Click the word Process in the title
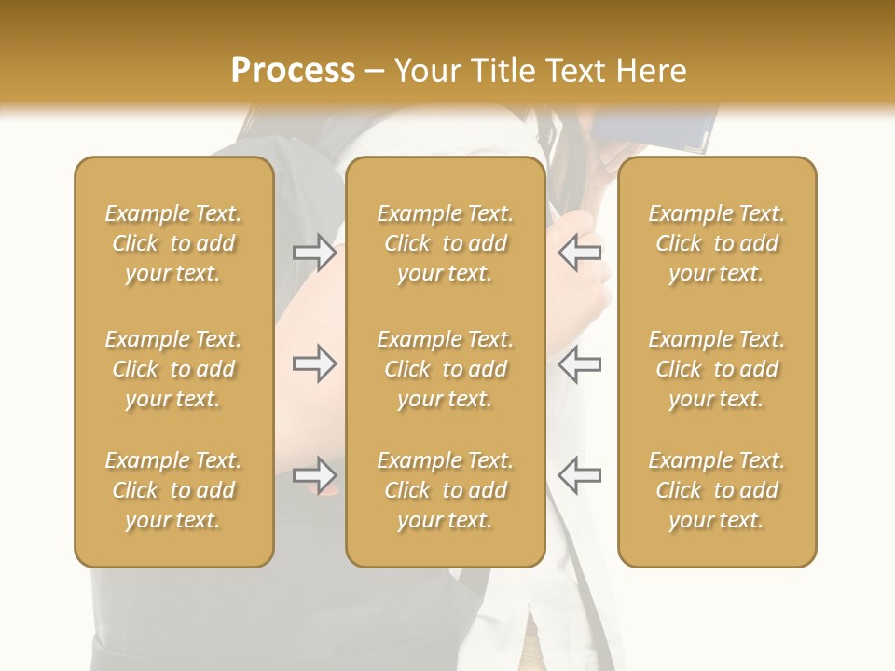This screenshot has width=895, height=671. tap(293, 71)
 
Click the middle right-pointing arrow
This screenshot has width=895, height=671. tap(314, 363)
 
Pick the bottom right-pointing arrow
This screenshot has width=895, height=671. tap(314, 474)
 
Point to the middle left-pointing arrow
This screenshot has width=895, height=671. tap(579, 363)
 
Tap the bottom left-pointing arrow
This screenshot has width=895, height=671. tap(579, 474)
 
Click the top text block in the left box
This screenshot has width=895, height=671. tap(173, 243)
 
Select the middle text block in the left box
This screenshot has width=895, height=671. tap(173, 369)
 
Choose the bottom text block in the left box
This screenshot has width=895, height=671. tap(173, 490)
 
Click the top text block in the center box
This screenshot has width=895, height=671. tap(445, 243)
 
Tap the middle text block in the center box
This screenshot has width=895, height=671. tap(445, 369)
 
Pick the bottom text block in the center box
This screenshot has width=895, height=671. tap(445, 490)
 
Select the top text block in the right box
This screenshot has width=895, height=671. tap(717, 243)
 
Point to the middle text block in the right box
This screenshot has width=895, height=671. tap(717, 369)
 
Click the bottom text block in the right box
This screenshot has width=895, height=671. tap(717, 490)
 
